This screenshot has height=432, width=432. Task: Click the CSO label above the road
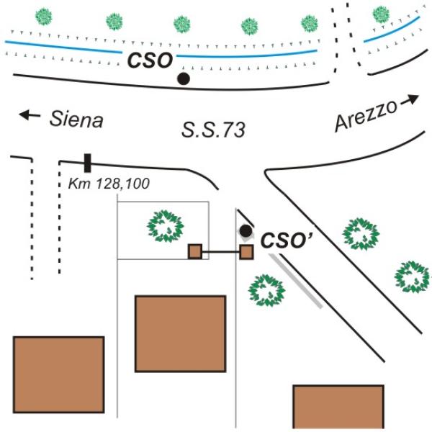point(150,60)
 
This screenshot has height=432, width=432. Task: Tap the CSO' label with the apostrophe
point(284,240)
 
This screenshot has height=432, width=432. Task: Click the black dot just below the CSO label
point(184,78)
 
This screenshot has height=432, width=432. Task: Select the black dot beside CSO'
point(246,231)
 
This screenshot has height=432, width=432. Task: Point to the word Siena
point(76,120)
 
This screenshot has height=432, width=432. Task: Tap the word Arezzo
point(365,116)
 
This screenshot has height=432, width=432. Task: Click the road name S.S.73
point(213,130)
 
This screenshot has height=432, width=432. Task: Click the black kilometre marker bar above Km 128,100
point(87,163)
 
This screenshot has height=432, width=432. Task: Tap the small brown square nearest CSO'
point(246,252)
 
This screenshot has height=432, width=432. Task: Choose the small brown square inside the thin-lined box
point(194,251)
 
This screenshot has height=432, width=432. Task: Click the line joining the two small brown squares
point(220,252)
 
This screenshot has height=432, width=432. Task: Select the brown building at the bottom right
point(338,407)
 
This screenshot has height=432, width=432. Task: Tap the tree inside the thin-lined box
point(167,226)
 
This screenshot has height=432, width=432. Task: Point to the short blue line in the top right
point(391,30)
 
